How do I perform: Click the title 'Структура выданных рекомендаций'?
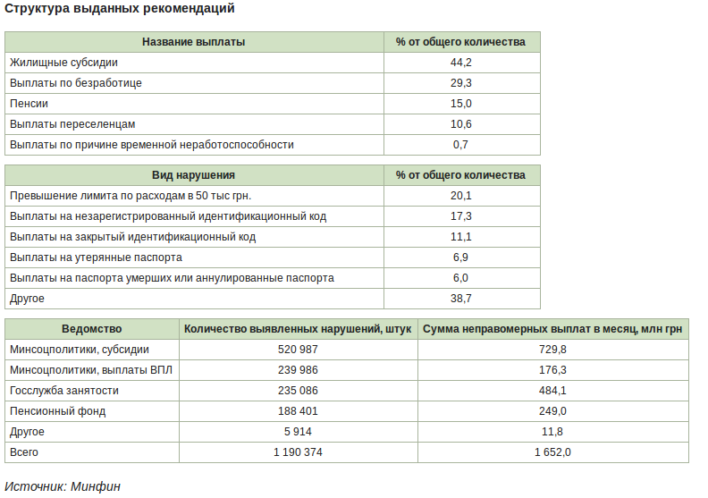(x=121, y=9)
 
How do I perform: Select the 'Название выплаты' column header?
(x=194, y=42)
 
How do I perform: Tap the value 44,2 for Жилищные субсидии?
(x=461, y=63)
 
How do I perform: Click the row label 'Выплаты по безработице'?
(x=76, y=83)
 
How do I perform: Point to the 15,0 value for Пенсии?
(x=461, y=104)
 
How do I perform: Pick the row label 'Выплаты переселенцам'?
(x=72, y=124)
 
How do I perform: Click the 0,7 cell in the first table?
(x=461, y=145)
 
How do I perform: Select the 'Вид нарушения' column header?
(x=194, y=175)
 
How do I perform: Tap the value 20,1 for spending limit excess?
(x=461, y=196)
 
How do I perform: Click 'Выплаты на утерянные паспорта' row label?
(x=96, y=257)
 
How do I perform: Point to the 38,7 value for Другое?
(x=461, y=299)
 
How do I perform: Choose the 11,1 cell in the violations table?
(x=461, y=237)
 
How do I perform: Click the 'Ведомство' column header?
(x=92, y=329)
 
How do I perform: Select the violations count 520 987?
(x=299, y=350)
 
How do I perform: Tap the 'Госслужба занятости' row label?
(x=64, y=391)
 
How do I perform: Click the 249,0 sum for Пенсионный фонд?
(x=552, y=411)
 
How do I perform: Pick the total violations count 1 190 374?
(x=299, y=452)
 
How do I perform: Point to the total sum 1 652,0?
(x=552, y=452)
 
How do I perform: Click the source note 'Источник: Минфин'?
(x=63, y=486)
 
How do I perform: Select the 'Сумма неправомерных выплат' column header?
(x=552, y=329)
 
